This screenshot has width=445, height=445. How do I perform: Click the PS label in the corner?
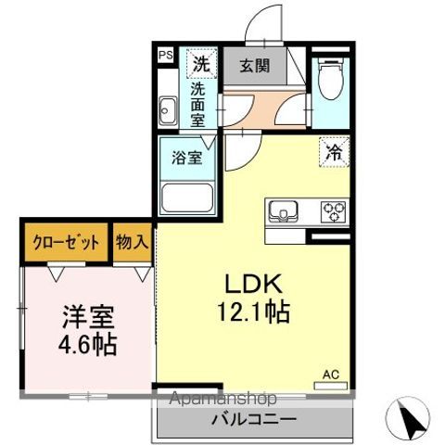tap(165, 56)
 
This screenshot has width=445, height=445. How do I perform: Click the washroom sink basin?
tap(168, 112)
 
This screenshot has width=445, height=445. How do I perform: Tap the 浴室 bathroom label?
tap(186, 157)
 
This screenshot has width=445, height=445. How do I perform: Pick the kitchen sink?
tap(282, 212)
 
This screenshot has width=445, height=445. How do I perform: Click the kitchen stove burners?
tap(332, 212)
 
